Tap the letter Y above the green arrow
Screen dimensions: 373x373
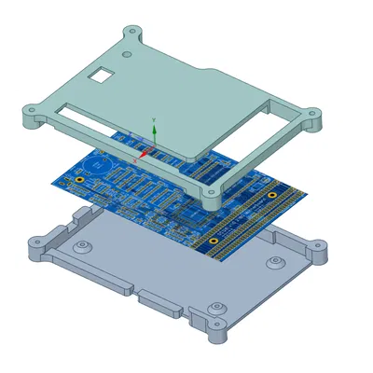click(x=154, y=119)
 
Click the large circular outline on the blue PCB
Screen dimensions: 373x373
click(x=101, y=163)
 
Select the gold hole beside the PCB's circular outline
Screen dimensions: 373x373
click(x=81, y=178)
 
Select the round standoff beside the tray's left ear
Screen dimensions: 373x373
click(x=84, y=246)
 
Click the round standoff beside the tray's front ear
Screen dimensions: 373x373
click(x=217, y=307)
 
